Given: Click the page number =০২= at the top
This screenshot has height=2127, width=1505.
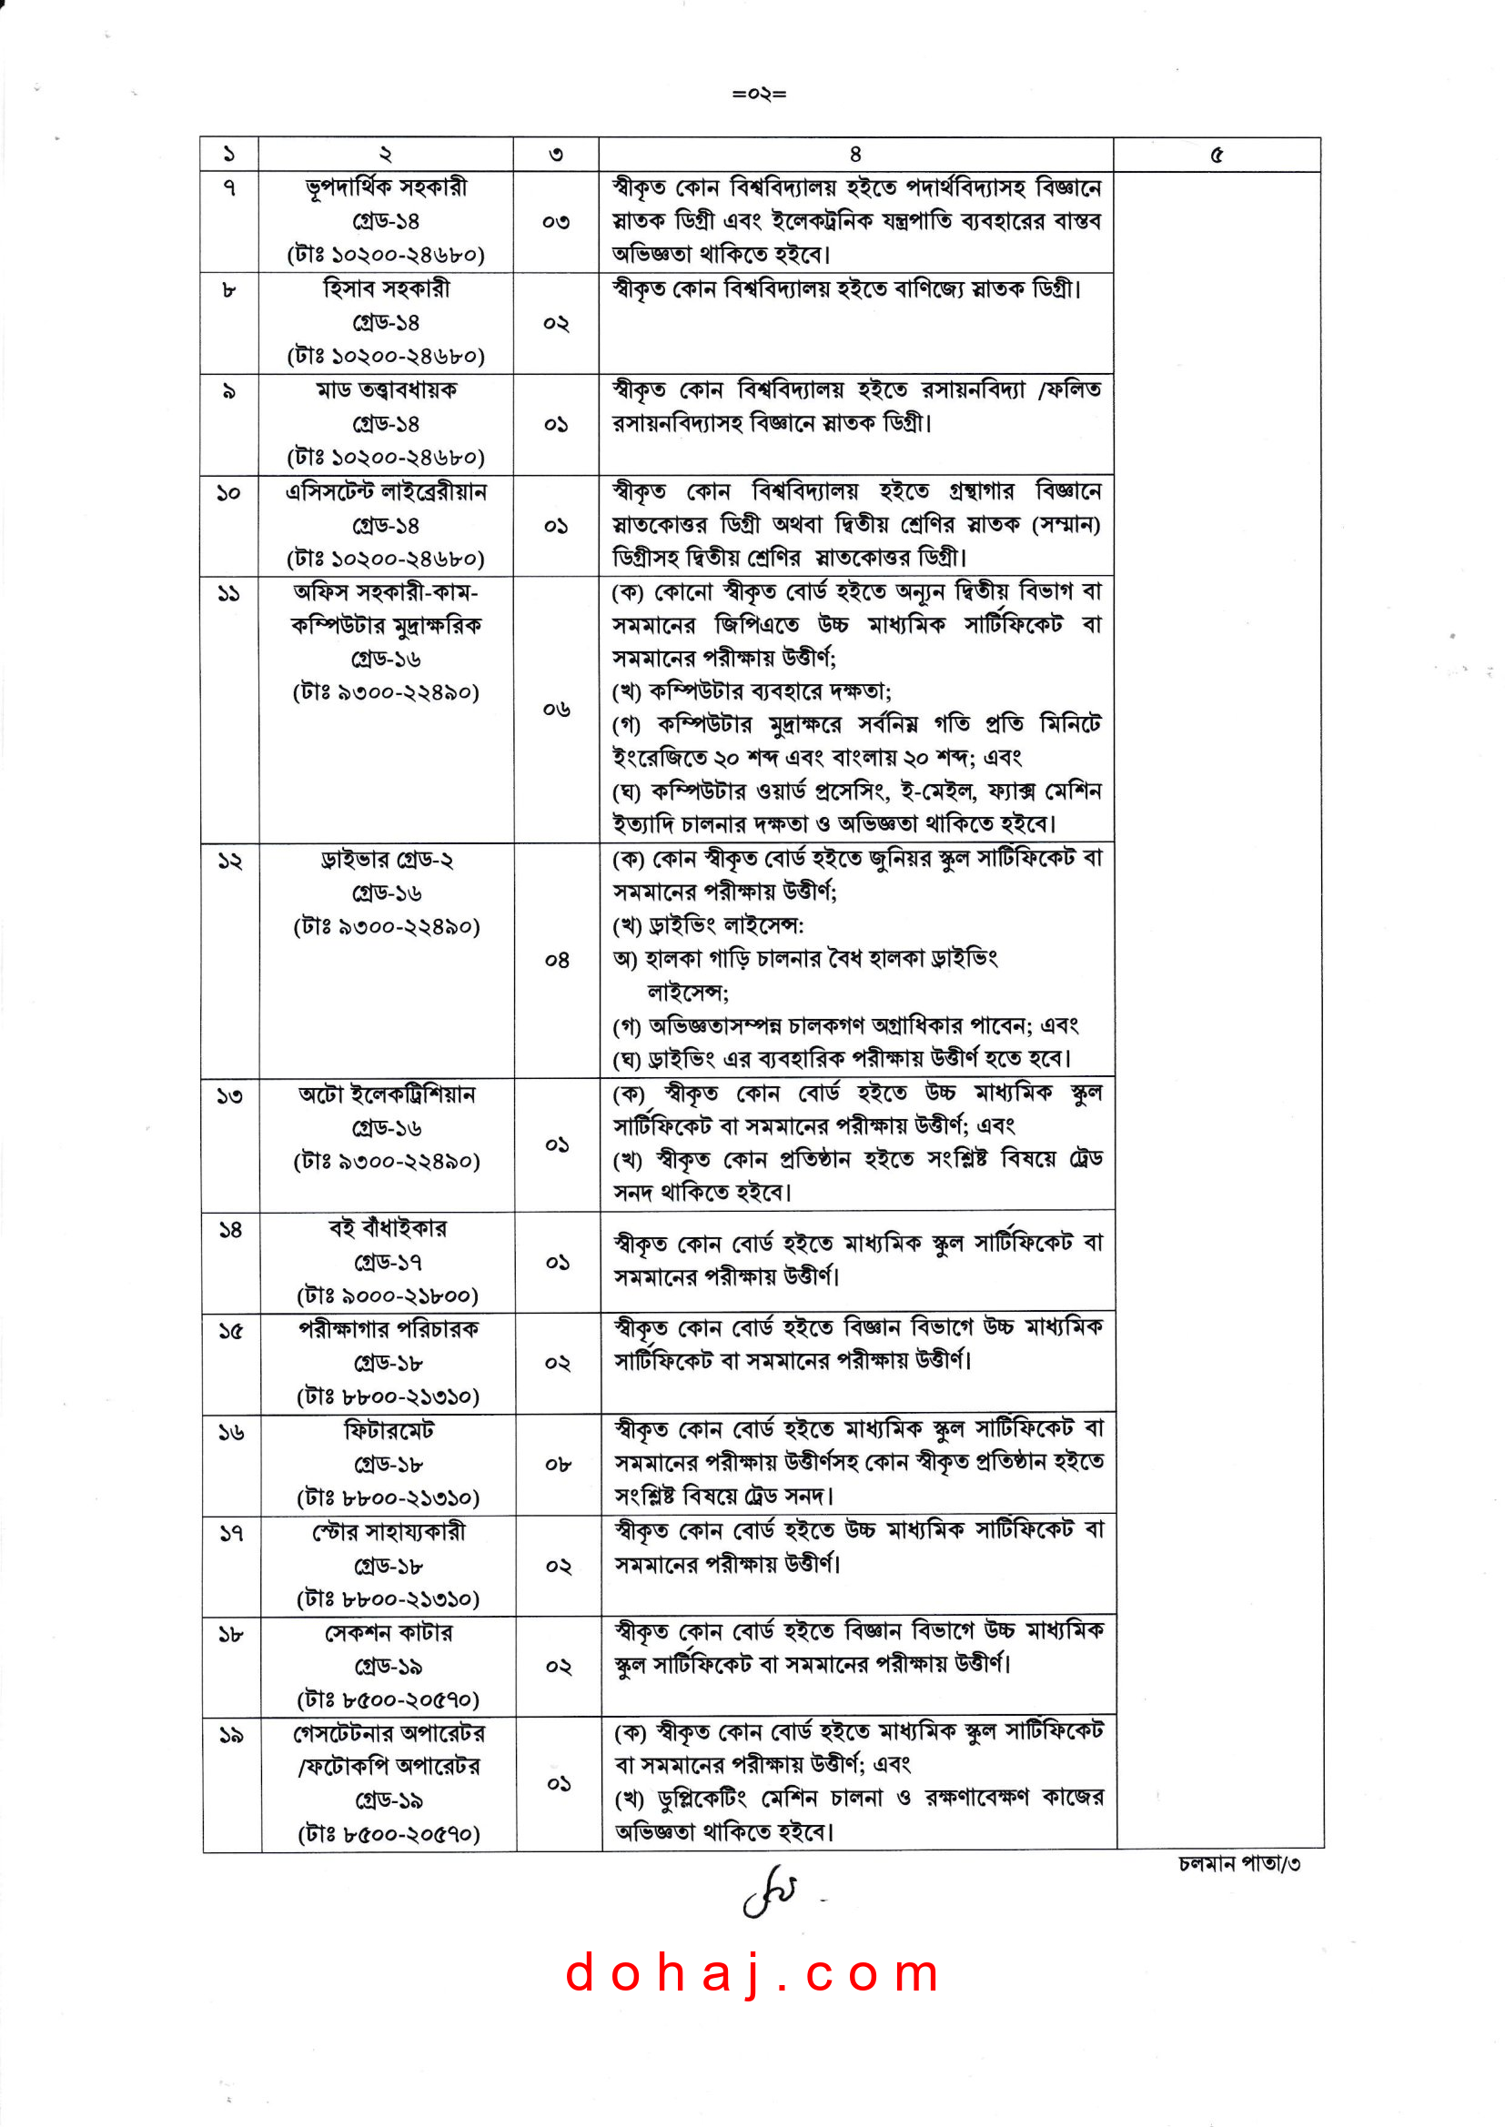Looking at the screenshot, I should click(759, 94).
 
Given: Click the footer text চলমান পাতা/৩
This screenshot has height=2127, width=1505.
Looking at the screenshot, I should click(1239, 1863).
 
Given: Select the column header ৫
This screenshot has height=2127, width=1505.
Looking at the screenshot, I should click(1216, 155).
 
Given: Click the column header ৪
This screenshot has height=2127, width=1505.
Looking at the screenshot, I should click(854, 155).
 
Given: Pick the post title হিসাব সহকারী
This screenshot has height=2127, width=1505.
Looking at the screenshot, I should click(387, 289).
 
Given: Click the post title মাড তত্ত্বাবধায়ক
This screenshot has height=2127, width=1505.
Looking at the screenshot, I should click(387, 390).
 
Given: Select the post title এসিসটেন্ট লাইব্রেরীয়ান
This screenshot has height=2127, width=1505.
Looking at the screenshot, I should click(387, 492).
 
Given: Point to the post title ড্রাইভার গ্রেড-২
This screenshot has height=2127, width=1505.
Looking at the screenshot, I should click(387, 860).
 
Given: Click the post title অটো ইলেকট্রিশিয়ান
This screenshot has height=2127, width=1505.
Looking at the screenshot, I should click(387, 1094).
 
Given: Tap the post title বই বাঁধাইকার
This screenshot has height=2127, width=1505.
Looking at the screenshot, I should click(388, 1228).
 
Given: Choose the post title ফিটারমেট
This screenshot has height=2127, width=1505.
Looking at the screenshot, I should click(389, 1430).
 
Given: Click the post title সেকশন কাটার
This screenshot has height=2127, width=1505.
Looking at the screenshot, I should click(389, 1632).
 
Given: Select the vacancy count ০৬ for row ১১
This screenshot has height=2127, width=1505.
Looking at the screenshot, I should click(556, 710).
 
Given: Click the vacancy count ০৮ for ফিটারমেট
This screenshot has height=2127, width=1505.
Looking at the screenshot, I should click(558, 1465).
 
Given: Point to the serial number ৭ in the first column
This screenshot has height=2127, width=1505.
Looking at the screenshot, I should click(229, 188).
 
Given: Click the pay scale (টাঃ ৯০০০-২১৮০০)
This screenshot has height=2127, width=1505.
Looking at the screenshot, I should click(388, 1295).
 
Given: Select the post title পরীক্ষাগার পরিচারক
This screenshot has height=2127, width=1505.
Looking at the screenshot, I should click(389, 1329).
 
